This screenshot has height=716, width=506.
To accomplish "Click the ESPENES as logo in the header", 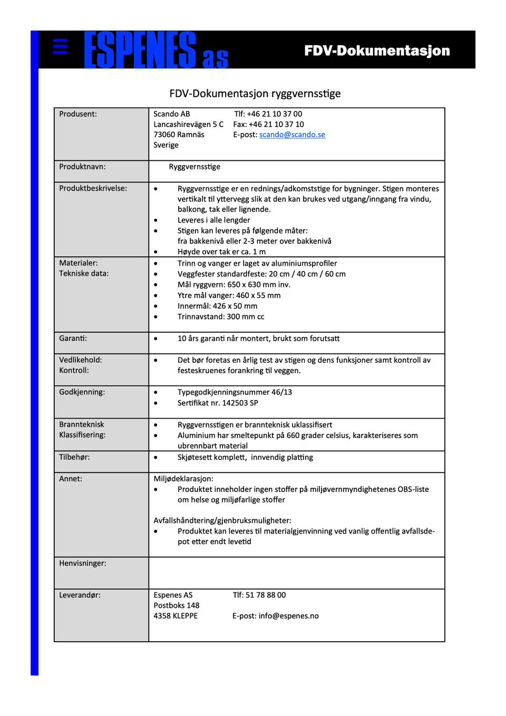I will pos(156,51).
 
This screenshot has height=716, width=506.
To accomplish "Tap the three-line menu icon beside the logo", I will pos(61,46).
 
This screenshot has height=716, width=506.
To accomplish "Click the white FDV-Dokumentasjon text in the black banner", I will pos(377,51).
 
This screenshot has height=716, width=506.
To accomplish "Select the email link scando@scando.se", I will pos(292,134).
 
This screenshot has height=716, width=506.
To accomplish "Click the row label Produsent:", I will pos(78,114).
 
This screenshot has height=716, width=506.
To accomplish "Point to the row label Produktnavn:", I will pos(82,167).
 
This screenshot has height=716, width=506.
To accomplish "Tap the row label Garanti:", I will pos(73,338).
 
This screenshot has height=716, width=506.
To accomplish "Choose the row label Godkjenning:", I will pos(82,392).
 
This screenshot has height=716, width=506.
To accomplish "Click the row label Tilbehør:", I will pos(74,457).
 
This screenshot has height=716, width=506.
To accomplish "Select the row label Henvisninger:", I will pos(83,563).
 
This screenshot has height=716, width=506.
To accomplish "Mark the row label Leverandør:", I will pos(80,595).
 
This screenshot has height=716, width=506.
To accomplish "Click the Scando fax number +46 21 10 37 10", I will pos(276,124).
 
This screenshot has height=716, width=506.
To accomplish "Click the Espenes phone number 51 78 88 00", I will pos(266,595).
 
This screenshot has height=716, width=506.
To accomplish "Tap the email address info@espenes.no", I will pos(288,616).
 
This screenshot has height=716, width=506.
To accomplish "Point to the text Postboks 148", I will pos(177,605).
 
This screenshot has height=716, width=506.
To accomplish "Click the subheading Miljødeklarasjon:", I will pos(183,479).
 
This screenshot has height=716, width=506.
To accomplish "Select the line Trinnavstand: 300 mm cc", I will pos(221,317).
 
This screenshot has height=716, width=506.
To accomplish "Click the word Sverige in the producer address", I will pos(166,145).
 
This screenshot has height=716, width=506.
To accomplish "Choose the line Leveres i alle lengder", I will pos(213,220).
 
